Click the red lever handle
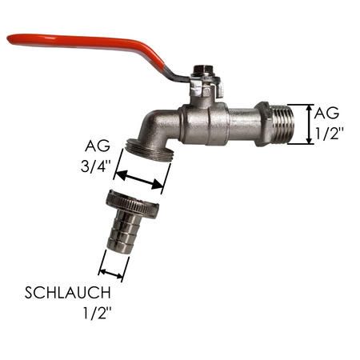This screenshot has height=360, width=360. pyautogui.click(x=88, y=44)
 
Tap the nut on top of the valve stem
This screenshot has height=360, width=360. pyautogui.click(x=204, y=71)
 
